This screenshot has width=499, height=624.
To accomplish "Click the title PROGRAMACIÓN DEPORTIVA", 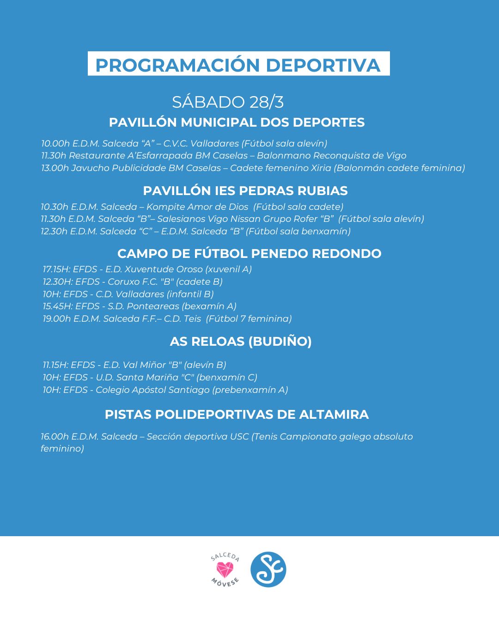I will click(x=238, y=65).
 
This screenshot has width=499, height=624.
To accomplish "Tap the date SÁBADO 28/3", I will click(x=228, y=102).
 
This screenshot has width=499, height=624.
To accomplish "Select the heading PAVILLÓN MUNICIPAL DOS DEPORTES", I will click(x=237, y=122).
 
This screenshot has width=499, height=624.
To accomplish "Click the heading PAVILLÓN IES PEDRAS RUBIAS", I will click(x=245, y=190).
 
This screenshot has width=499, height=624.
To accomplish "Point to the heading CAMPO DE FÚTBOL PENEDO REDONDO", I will click(x=249, y=253).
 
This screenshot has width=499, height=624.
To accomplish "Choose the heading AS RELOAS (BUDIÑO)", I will click(x=241, y=341).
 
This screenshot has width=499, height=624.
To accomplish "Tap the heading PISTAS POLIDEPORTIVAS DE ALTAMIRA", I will click(x=237, y=414).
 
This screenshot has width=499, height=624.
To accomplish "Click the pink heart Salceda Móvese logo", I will click(x=225, y=569).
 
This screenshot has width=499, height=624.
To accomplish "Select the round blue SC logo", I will click(x=268, y=569).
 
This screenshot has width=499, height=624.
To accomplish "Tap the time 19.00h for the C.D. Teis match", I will click(x=56, y=319).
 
